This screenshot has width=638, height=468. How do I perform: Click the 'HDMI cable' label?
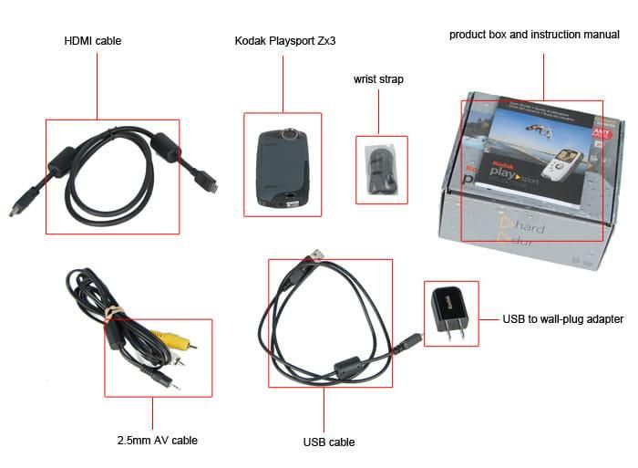[x=92, y=41]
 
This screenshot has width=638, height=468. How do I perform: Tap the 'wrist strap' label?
[x=378, y=79]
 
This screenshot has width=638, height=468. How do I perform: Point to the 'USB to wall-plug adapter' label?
[x=563, y=319]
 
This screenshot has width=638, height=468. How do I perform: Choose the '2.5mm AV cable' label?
[x=157, y=441]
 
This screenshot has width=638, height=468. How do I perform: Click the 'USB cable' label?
[x=328, y=442]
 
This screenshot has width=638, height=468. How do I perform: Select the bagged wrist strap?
[x=379, y=169]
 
